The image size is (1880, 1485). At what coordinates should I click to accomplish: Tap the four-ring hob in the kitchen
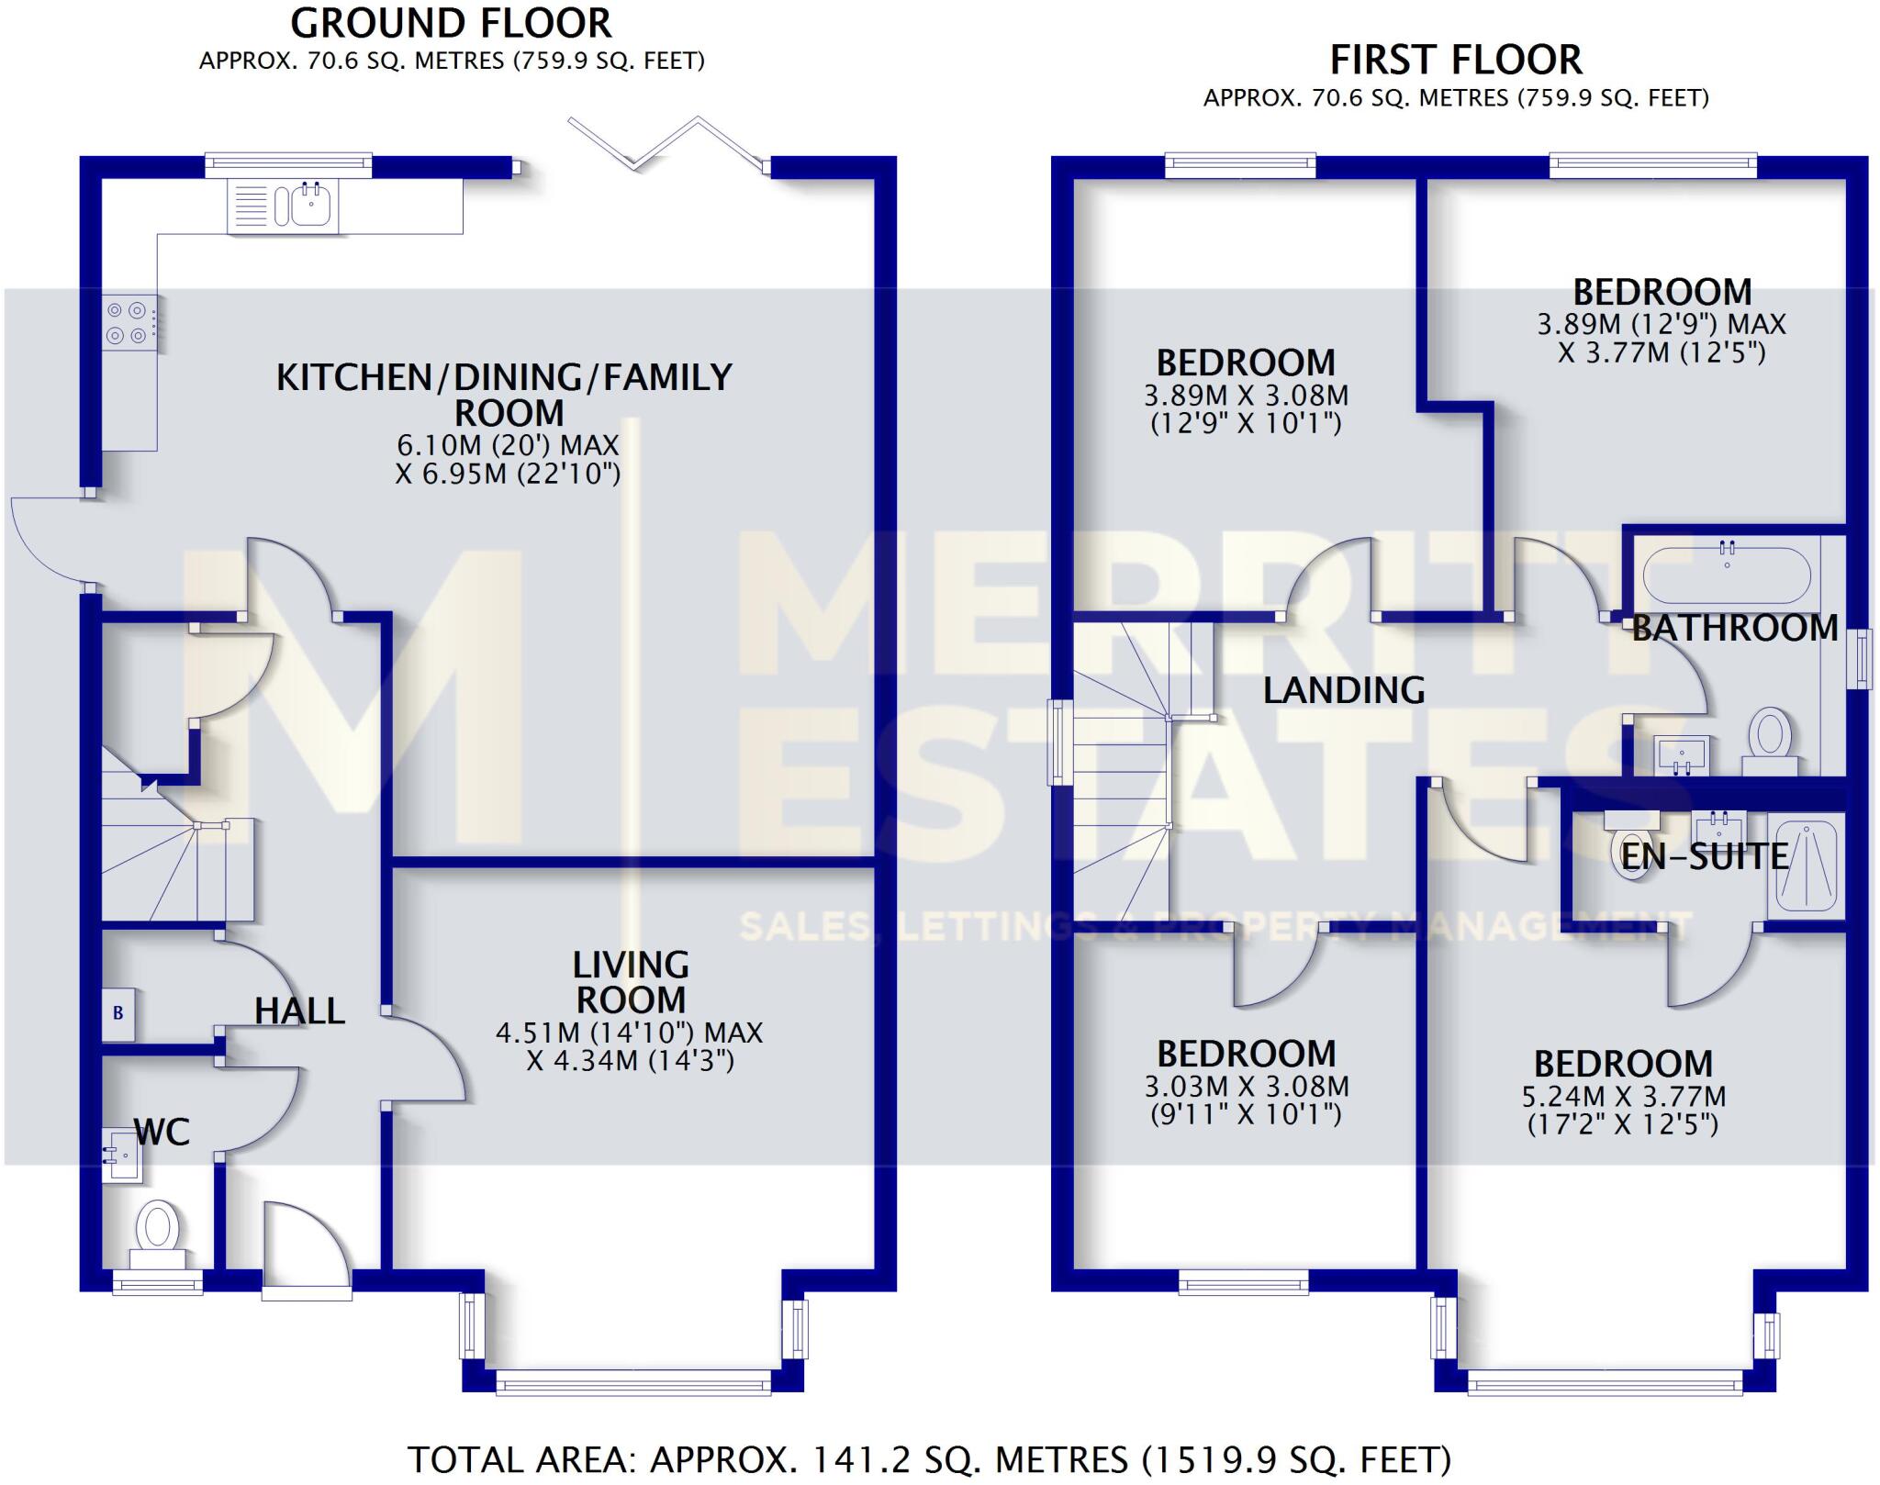[127, 323]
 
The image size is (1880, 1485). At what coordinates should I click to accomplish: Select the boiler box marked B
[118, 1013]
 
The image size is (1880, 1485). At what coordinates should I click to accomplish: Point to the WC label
[162, 1132]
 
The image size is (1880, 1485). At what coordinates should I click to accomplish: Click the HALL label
[299, 1010]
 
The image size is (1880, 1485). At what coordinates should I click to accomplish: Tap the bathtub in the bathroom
[1726, 575]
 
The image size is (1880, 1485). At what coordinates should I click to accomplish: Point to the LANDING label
[1344, 690]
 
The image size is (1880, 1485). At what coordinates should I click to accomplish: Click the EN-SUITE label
[1705, 856]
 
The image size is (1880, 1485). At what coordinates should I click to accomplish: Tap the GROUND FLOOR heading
[451, 24]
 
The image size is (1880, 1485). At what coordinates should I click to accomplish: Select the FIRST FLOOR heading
[1456, 61]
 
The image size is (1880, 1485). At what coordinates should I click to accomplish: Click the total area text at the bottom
[928, 1459]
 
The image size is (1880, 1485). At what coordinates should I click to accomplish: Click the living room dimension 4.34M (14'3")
[630, 1061]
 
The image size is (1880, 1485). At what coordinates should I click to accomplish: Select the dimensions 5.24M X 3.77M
[1623, 1097]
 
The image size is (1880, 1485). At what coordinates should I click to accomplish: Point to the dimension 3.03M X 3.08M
[1246, 1087]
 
